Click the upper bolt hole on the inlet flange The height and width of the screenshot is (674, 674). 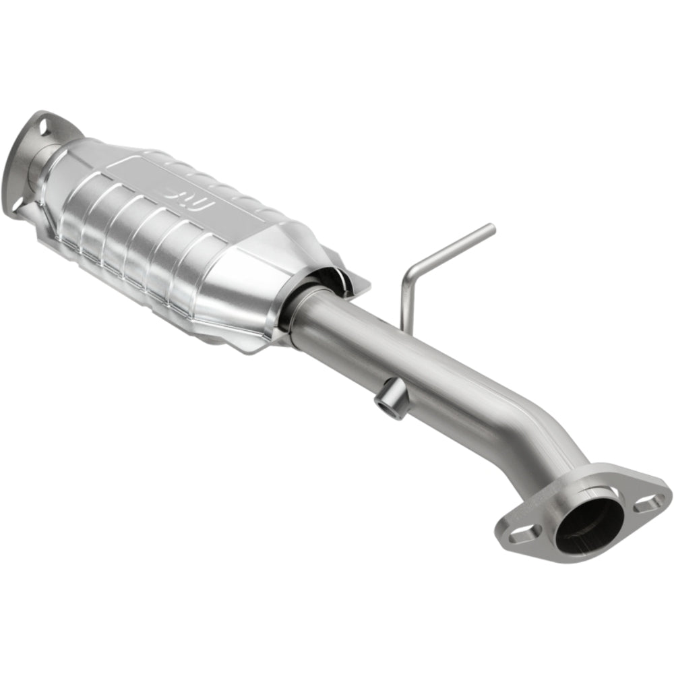coord(43,127)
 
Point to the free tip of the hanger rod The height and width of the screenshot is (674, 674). coord(491,228)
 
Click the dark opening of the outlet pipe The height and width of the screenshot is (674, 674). coord(588,523)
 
